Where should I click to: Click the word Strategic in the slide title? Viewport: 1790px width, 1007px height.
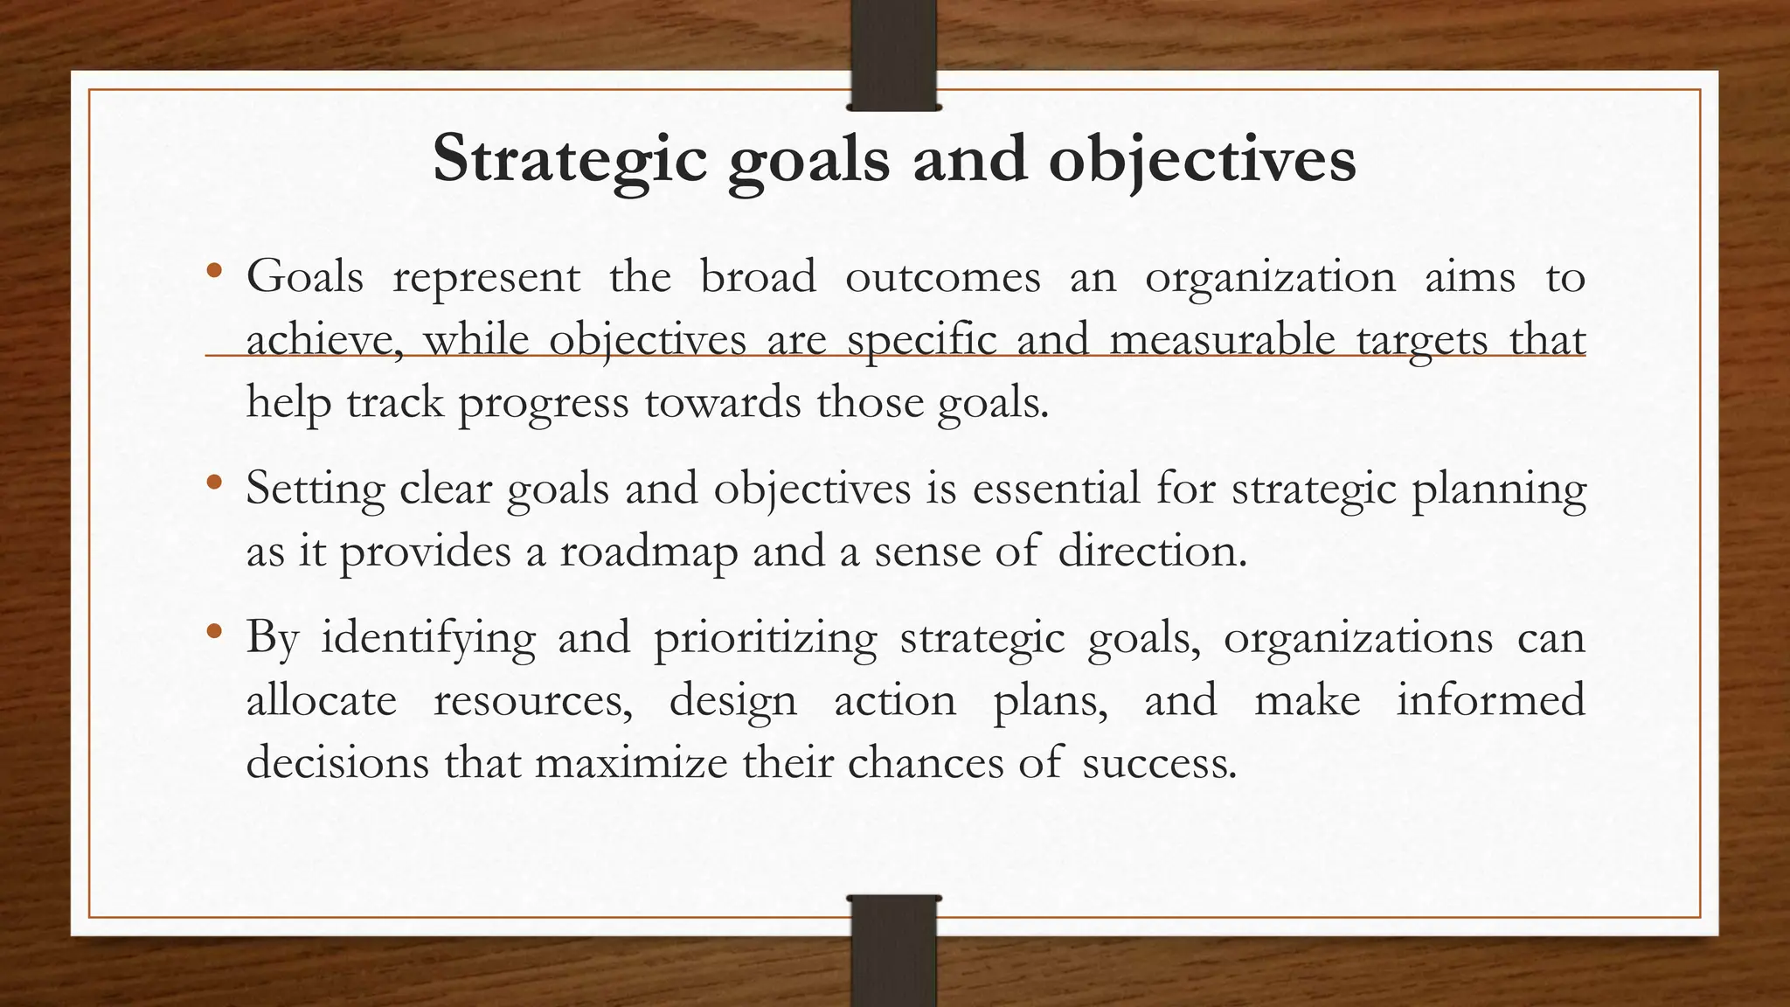pyautogui.click(x=569, y=160)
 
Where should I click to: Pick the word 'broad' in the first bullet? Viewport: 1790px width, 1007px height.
pyautogui.click(x=758, y=277)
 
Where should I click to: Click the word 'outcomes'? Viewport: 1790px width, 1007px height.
pyautogui.click(x=943, y=277)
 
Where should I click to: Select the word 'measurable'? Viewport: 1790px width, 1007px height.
pyautogui.click(x=1222, y=340)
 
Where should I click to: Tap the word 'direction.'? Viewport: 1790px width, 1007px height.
pyautogui.click(x=1152, y=552)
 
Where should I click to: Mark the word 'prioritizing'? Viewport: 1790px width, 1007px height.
pyautogui.click(x=765, y=637)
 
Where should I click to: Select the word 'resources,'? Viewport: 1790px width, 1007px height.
pyautogui.click(x=533, y=700)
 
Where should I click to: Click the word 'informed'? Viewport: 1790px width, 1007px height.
pyautogui.click(x=1490, y=700)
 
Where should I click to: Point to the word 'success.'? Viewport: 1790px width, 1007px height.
pyautogui.click(x=1159, y=763)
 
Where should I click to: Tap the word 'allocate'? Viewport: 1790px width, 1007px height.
pyautogui.click(x=322, y=700)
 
